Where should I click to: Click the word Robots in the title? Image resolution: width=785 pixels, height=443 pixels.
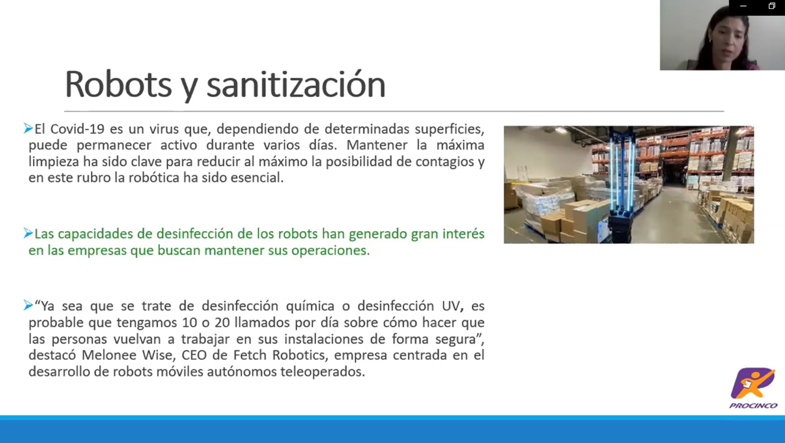pyautogui.click(x=118, y=85)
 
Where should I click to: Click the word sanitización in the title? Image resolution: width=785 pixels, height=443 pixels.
pyautogui.click(x=296, y=85)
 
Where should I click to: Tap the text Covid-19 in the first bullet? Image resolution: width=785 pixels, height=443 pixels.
pyautogui.click(x=77, y=129)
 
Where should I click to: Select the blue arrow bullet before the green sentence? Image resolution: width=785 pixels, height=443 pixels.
pyautogui.click(x=28, y=233)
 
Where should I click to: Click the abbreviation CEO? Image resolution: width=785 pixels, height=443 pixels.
pyautogui.click(x=194, y=355)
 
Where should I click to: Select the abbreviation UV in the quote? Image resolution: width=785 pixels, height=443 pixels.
pyautogui.click(x=450, y=306)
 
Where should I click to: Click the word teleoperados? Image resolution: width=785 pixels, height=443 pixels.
pyautogui.click(x=322, y=371)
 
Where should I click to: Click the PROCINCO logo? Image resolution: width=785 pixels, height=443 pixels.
pyautogui.click(x=754, y=388)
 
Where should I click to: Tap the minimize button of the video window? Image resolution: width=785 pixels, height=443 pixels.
pyautogui.click(x=743, y=6)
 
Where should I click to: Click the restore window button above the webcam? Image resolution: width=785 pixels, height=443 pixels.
pyautogui.click(x=772, y=6)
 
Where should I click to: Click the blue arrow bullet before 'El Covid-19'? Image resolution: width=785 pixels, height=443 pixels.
pyautogui.click(x=28, y=128)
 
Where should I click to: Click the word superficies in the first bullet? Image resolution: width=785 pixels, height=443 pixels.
pyautogui.click(x=450, y=129)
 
